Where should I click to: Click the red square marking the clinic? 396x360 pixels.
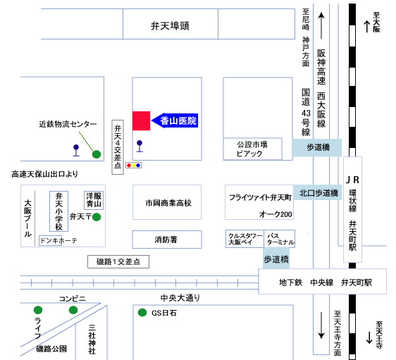pyautogui.click(x=141, y=120)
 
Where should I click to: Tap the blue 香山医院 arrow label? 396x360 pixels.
pyautogui.click(x=175, y=120)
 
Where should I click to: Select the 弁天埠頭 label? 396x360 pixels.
pyautogui.click(x=170, y=26)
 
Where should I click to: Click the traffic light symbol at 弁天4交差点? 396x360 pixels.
pyautogui.click(x=133, y=166)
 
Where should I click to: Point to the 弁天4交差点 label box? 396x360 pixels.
pyautogui.click(x=118, y=147)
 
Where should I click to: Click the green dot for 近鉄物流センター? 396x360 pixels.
pyautogui.click(x=97, y=154)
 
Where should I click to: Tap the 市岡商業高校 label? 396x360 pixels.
pyautogui.click(x=168, y=203)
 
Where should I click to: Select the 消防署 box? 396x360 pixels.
pyautogui.click(x=167, y=240)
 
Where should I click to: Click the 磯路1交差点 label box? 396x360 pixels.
pyautogui.click(x=118, y=261)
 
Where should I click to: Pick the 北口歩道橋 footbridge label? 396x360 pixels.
pyautogui.click(x=318, y=193)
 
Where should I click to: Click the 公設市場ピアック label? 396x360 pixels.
pyautogui.click(x=252, y=149)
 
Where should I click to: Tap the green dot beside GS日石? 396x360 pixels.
pyautogui.click(x=142, y=313)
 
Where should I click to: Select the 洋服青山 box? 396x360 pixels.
pyautogui.click(x=94, y=200)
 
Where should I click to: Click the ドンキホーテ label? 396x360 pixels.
pyautogui.click(x=58, y=240)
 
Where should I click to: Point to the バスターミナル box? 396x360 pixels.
pyautogui.click(x=279, y=239)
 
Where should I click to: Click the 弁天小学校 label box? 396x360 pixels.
pyautogui.click(x=59, y=211)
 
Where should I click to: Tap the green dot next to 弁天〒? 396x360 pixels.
pyautogui.click(x=97, y=217)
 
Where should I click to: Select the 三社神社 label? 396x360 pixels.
pyautogui.click(x=92, y=339)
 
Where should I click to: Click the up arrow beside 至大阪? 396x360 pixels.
pyautogui.click(x=367, y=27)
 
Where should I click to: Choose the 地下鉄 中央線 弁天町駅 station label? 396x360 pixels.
pyautogui.click(x=326, y=283)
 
